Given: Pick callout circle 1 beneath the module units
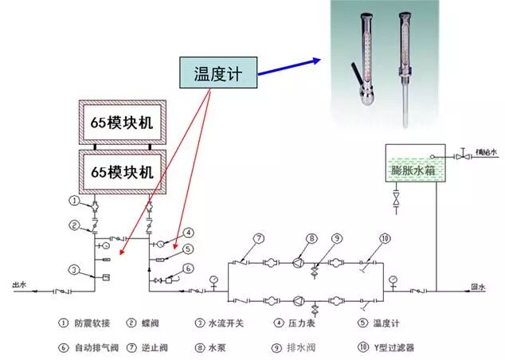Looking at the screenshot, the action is tap(74, 200).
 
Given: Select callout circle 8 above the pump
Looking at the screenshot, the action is tap(312, 238).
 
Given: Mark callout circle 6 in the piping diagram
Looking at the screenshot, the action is tap(188, 269).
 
